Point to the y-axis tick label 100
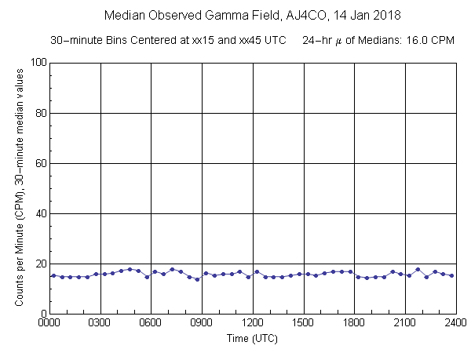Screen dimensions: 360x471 click(x=36, y=63)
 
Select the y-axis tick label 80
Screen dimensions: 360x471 click(x=38, y=113)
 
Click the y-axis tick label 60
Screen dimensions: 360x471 click(x=38, y=163)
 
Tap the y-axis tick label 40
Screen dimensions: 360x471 click(x=38, y=213)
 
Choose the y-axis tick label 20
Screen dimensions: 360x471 click(x=38, y=264)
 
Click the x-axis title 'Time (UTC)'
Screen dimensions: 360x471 click(x=252, y=339)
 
